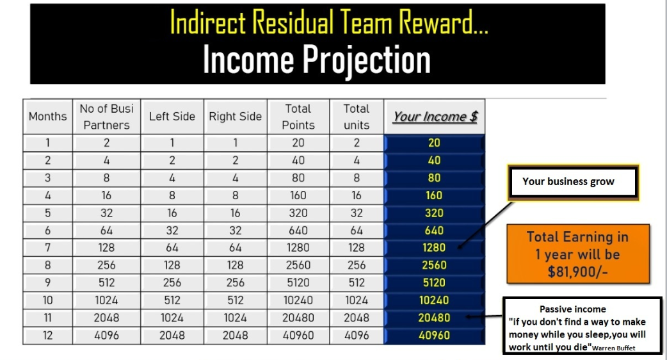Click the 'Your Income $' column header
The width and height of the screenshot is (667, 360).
coord(435,117)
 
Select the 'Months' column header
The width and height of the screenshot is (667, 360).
coord(47,117)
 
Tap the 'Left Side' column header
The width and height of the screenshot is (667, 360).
coord(172,117)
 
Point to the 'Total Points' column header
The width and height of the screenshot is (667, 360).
coord(298,117)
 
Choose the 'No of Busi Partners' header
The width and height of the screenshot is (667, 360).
coord(106,117)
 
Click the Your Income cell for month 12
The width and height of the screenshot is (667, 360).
coord(434,335)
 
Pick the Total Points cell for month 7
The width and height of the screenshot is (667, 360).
coord(298,248)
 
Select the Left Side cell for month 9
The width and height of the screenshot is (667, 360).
coord(172,282)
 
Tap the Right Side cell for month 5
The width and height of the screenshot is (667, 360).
coord(235,213)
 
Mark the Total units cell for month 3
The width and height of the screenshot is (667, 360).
coord(357,178)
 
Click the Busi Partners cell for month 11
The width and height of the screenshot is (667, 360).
coord(106,318)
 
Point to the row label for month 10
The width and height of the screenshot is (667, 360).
coord(47,300)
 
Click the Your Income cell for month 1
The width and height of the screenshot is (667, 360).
coord(434,143)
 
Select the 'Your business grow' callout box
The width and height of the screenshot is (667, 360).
coord(573,182)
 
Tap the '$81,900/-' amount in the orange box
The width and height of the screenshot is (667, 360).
coord(577,272)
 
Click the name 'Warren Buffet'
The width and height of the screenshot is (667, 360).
coord(613,348)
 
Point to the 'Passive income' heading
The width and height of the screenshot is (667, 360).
coord(572,309)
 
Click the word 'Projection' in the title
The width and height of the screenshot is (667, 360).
coord(366,60)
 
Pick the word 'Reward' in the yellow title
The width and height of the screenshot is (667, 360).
coord(443,22)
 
